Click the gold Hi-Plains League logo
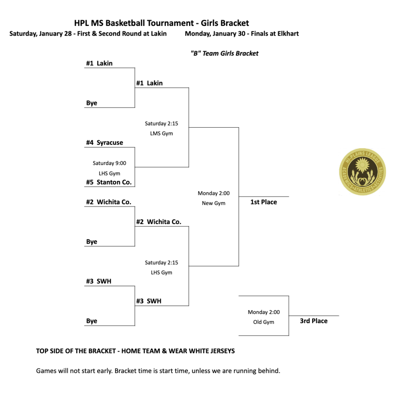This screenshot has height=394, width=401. coord(362,172)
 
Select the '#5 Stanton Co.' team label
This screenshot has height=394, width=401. coord(109,183)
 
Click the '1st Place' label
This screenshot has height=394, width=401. coord(264,202)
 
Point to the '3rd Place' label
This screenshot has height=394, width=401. coord(313,321)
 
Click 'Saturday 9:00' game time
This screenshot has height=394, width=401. coord(109,163)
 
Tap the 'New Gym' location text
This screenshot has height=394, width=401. coord(213,203)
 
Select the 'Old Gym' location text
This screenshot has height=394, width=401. coord(264,322)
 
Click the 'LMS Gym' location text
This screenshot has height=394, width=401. coord(161,134)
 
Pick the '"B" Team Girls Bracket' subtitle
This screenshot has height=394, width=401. coord(224,54)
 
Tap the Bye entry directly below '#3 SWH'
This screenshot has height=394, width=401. coord(92,321)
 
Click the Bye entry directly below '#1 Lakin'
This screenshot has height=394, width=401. coord(92,103)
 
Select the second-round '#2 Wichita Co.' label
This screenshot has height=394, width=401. coord(159,222)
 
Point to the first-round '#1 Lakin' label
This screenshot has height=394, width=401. coord(99,63)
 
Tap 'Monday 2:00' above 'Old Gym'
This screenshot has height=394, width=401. coord(264,312)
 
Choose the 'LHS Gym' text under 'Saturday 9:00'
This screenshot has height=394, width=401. coord(109,174)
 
